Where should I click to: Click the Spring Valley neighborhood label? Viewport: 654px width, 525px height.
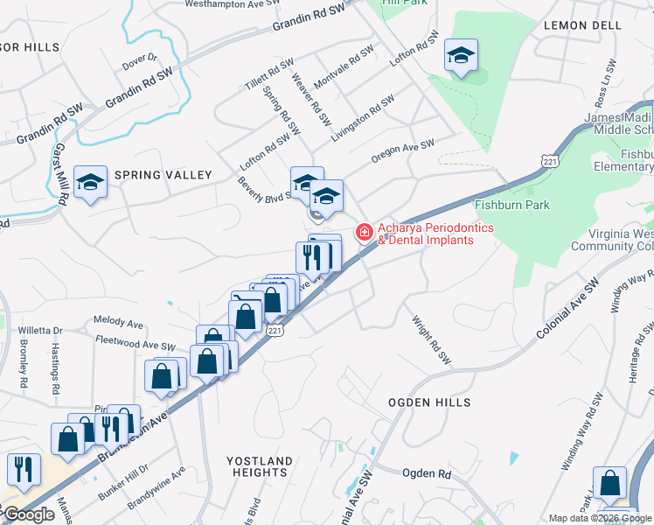163,175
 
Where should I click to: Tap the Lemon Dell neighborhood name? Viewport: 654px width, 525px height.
581,25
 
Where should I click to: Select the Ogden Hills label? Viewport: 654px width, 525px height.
430,402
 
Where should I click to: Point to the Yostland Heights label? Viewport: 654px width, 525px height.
260,466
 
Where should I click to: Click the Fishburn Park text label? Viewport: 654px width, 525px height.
511,205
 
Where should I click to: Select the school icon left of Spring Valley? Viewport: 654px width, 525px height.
90,183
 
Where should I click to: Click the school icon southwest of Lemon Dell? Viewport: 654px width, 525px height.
461,57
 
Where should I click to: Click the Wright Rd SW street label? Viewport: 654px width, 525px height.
430,340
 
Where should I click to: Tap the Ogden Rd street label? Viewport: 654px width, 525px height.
426,473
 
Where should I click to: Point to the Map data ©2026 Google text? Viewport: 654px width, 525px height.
600,518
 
